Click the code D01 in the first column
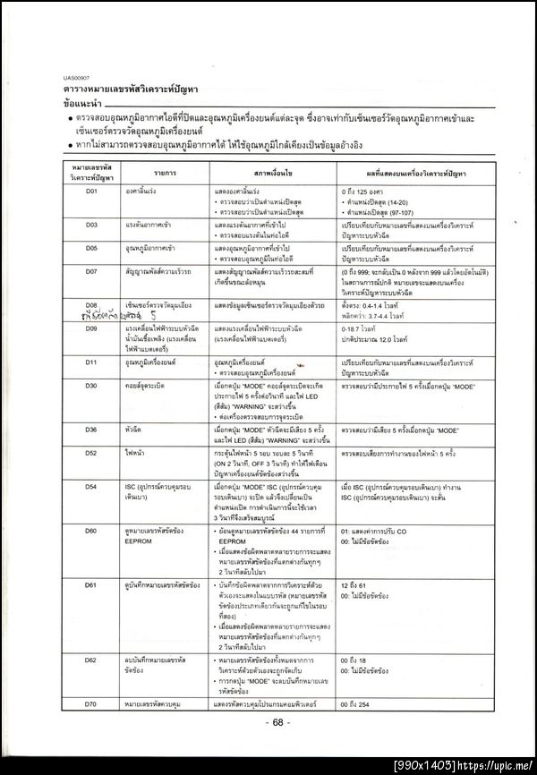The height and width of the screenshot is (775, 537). pyautogui.click(x=90, y=191)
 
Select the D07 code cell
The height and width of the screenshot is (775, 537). pyautogui.click(x=90, y=269)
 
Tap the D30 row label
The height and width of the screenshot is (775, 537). pyautogui.click(x=90, y=385)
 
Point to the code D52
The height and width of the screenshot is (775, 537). pyautogui.click(x=90, y=453)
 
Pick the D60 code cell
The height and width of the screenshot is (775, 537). pyautogui.click(x=90, y=531)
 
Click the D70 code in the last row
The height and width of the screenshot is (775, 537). pyautogui.click(x=90, y=705)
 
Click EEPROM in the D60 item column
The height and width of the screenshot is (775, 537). pyautogui.click(x=141, y=541)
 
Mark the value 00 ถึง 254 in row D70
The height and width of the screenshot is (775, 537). pyautogui.click(x=362, y=705)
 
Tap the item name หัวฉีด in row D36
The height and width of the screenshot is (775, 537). pyautogui.click(x=134, y=430)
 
